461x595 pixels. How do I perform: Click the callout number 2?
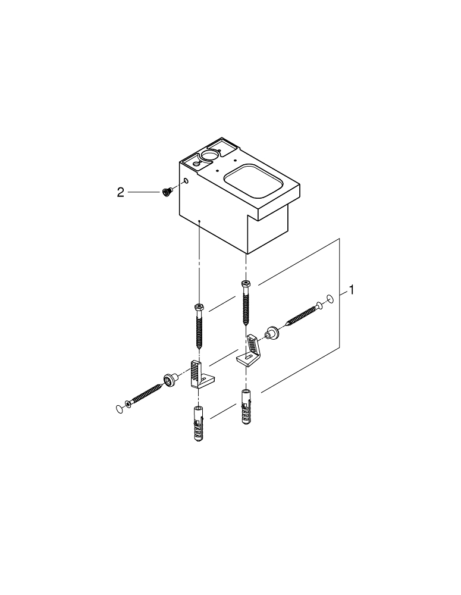click(121, 192)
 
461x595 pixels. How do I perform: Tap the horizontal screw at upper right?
click(304, 315)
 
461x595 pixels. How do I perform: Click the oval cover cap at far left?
click(120, 408)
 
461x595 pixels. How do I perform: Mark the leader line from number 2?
click(143, 192)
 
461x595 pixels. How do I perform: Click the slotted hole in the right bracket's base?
click(243, 359)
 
